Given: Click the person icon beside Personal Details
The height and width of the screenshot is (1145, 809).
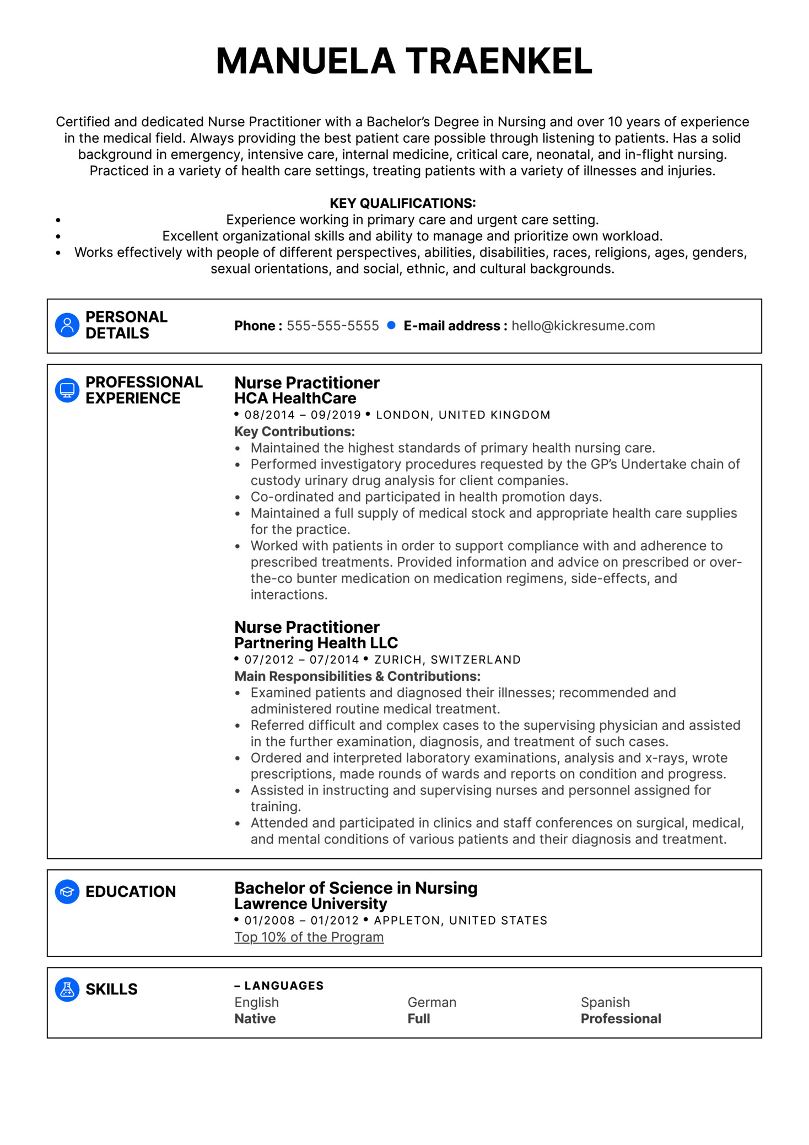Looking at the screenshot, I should (67, 325).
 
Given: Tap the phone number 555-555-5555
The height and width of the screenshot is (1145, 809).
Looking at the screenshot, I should (332, 326).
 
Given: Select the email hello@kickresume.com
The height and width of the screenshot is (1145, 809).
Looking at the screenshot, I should (583, 326).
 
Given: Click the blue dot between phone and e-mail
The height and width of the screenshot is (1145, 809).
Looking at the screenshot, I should (391, 325).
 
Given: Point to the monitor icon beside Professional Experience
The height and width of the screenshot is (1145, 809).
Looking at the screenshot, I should (67, 390).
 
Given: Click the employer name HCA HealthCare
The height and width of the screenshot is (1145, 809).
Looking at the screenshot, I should (295, 398).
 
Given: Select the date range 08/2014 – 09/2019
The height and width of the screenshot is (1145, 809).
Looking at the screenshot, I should (302, 415).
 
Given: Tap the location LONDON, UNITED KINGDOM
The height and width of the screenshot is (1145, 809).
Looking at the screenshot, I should (462, 415).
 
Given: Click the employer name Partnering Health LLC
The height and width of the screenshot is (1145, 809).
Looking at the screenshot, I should (316, 643).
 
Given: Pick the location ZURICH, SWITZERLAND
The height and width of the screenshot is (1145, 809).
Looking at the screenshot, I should (447, 659).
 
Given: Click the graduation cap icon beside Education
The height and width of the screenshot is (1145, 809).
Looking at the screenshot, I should (67, 891).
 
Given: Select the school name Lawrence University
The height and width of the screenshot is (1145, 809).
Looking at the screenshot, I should (310, 904).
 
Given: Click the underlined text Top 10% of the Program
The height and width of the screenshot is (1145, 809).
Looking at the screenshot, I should (309, 937).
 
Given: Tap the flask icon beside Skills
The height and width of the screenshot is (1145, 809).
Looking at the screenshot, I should (67, 990).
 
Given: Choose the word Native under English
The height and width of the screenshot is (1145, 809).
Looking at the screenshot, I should (255, 1018).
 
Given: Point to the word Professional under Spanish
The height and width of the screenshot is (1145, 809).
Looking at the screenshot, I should (621, 1018).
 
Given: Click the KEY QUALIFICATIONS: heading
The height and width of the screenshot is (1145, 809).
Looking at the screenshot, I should (402, 203).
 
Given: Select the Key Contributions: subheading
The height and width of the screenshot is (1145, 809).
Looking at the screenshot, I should (294, 431).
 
